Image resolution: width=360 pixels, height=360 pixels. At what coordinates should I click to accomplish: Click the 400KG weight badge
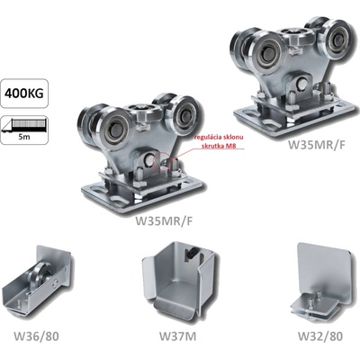coord(24,94)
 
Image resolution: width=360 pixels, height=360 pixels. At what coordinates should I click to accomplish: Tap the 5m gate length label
coord(23,138)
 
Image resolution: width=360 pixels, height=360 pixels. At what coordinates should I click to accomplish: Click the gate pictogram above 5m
coord(24,125)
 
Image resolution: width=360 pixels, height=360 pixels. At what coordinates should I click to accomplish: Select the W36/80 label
coord(36,337)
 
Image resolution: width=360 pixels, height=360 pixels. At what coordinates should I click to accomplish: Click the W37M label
coord(177,337)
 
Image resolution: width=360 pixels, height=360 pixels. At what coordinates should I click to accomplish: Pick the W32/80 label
coord(319,337)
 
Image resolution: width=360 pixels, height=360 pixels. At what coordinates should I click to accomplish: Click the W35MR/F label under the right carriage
coord(317,145)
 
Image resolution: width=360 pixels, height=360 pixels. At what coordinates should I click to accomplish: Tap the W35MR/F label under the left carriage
coord(164,220)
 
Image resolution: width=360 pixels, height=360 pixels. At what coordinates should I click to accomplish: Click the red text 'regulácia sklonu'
coord(218,138)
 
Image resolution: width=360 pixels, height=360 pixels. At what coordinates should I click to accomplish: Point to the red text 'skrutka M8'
coord(218,146)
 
